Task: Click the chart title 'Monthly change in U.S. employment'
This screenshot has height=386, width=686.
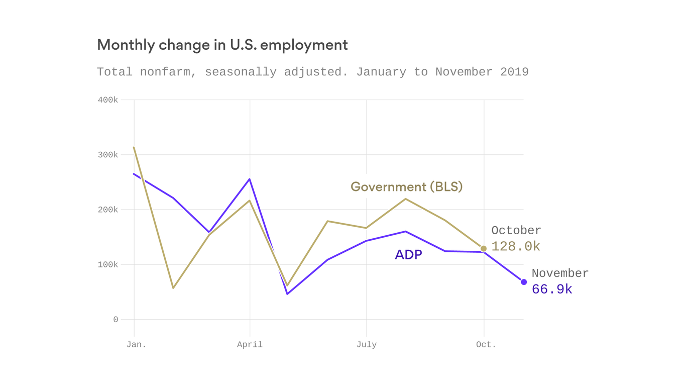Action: pos(222,45)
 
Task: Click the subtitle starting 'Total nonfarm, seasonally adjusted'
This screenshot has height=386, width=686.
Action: pos(312,72)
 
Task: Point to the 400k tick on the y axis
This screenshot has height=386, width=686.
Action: pos(108,100)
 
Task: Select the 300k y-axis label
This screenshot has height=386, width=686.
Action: pos(108,155)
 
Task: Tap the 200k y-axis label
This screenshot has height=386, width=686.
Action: pos(108,210)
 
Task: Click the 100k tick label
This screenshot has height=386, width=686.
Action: pos(108,264)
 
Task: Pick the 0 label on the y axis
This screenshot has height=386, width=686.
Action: pos(116,320)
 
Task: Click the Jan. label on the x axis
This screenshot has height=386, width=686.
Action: pos(136,345)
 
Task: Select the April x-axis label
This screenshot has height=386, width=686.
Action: pos(250,345)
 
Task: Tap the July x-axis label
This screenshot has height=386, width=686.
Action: pos(366,345)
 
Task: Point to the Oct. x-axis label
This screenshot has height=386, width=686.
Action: pos(486,345)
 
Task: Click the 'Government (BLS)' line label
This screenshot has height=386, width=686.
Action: pos(406,187)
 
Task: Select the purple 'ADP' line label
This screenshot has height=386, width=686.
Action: pos(408,255)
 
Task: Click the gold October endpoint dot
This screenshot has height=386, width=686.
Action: pos(484,249)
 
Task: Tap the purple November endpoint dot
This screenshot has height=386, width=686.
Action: pos(524,282)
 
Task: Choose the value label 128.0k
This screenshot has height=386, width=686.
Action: pos(515,247)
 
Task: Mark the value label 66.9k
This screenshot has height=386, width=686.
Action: pos(551,289)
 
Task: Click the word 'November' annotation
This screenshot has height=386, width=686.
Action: pos(560,273)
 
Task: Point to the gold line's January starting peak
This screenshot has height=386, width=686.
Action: pos(134,147)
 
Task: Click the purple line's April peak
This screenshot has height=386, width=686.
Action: pos(250,179)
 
